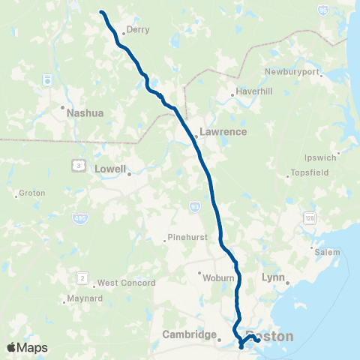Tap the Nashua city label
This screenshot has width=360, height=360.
(x=84, y=113)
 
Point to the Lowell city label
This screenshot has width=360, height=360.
(x=110, y=169)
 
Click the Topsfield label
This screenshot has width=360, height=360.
(x=310, y=176)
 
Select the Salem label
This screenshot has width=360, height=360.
(x=327, y=253)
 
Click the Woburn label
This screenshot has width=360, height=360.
(x=220, y=276)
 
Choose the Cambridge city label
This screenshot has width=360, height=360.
(x=189, y=335)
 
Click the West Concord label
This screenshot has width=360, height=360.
(x=126, y=283)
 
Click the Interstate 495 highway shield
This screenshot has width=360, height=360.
(x=79, y=218)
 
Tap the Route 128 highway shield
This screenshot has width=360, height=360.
(x=309, y=217)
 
